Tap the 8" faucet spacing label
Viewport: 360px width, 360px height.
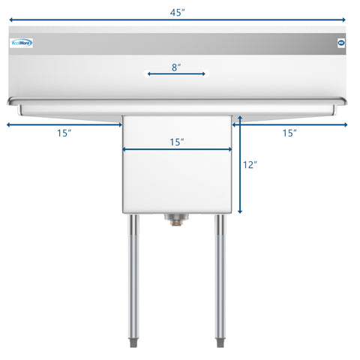175,67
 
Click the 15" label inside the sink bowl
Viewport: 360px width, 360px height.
177,141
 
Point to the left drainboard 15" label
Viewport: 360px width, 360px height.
64,133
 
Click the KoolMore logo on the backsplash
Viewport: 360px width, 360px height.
22,43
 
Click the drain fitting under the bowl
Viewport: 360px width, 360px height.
177,218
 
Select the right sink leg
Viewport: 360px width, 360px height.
221,277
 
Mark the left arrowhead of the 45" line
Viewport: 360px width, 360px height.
9,20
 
